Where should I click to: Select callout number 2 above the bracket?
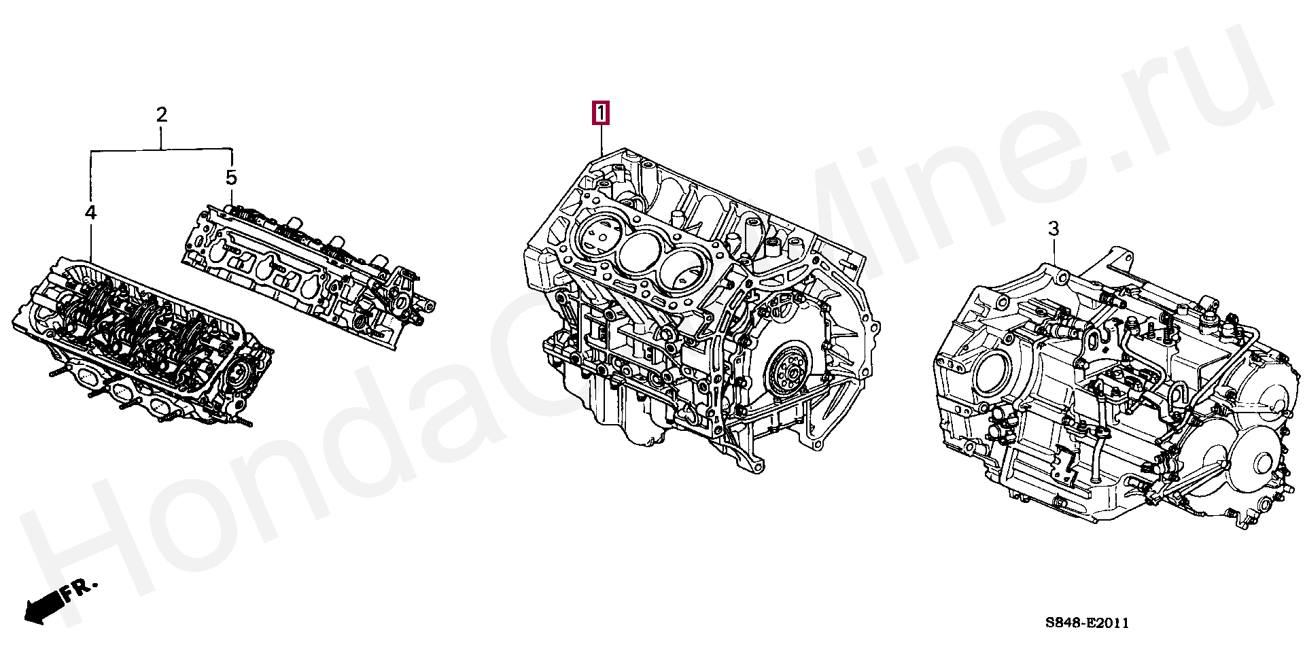click(161, 115)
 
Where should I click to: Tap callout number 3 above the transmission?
click(1053, 229)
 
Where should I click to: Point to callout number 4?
click(90, 213)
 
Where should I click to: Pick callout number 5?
click(231, 178)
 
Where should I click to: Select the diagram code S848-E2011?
click(1087, 623)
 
